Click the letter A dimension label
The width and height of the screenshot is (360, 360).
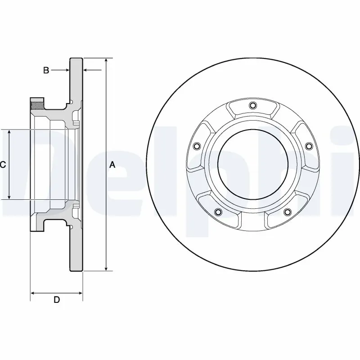point(112,165)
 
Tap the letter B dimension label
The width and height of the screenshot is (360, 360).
point(45,70)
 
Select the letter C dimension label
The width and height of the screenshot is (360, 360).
point(3,165)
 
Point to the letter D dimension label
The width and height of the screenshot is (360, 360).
point(57,300)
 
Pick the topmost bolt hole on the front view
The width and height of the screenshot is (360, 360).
point(252,106)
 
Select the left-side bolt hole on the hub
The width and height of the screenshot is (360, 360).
point(196,146)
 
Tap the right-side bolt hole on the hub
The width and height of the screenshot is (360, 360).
point(309,146)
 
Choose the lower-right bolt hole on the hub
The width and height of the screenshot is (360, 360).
point(287,212)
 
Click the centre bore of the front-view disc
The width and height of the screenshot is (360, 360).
point(252,165)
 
